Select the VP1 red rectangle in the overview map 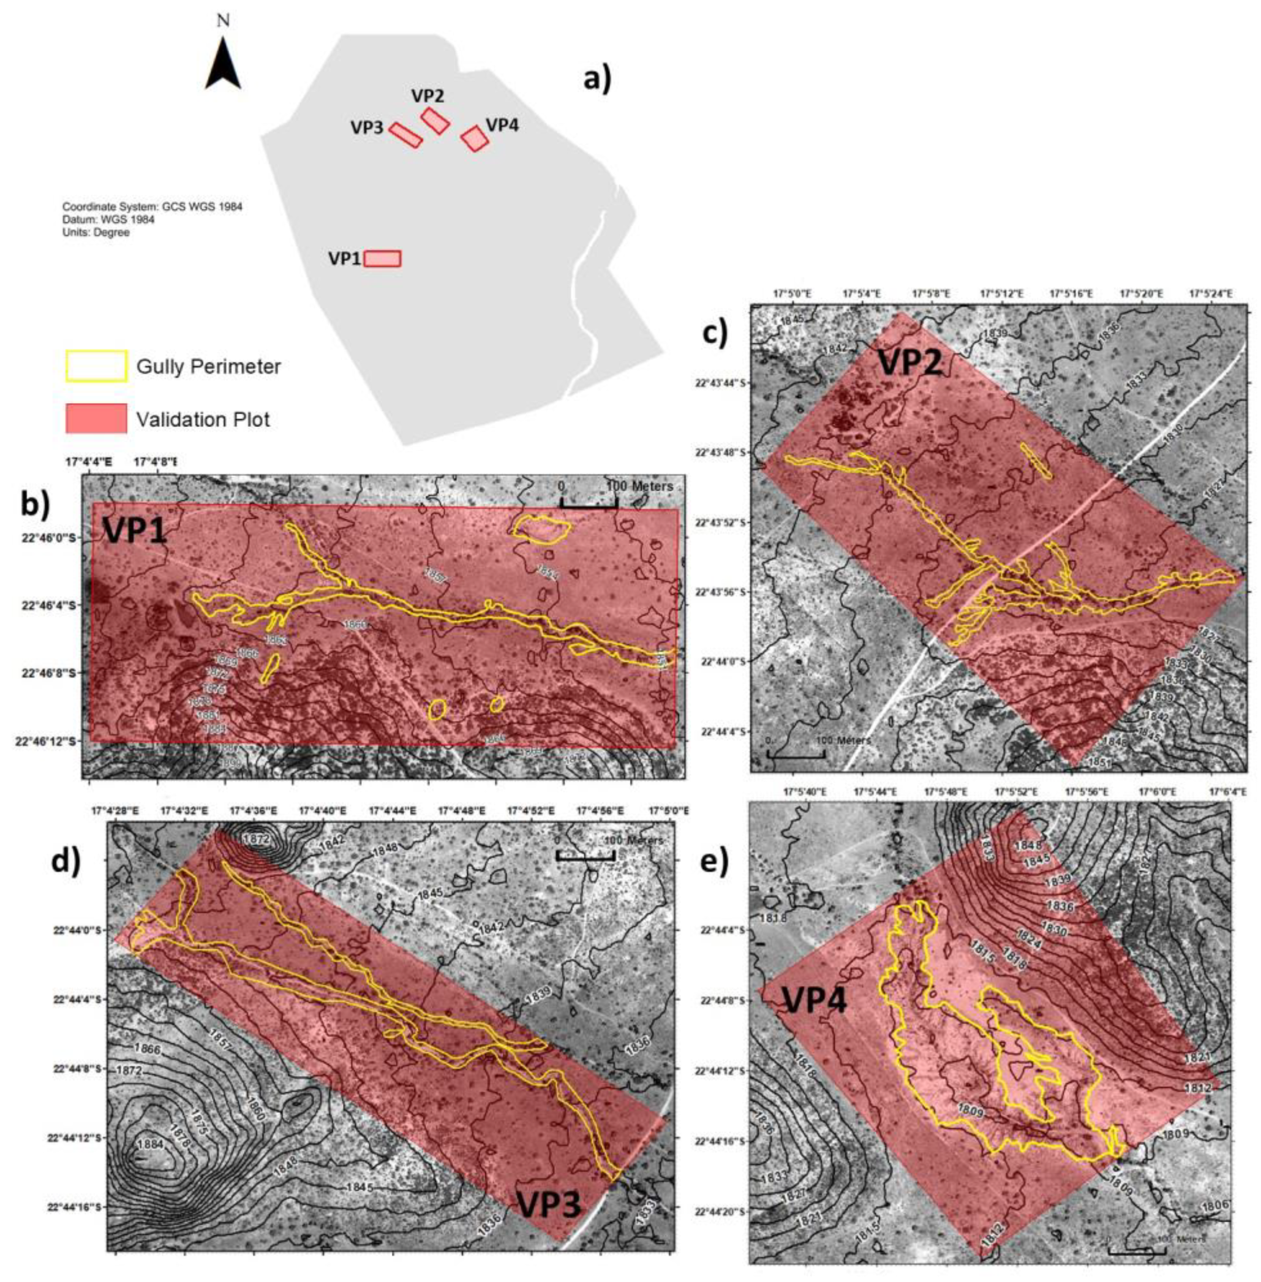click(x=382, y=258)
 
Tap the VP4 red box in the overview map click(x=475, y=138)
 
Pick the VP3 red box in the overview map click(x=405, y=135)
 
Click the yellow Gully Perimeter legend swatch click(x=96, y=366)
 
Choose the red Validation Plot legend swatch click(x=96, y=420)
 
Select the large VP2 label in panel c click(x=910, y=363)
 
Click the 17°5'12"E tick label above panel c click(x=1001, y=293)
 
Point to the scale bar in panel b click(x=589, y=502)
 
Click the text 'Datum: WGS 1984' click(x=108, y=219)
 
